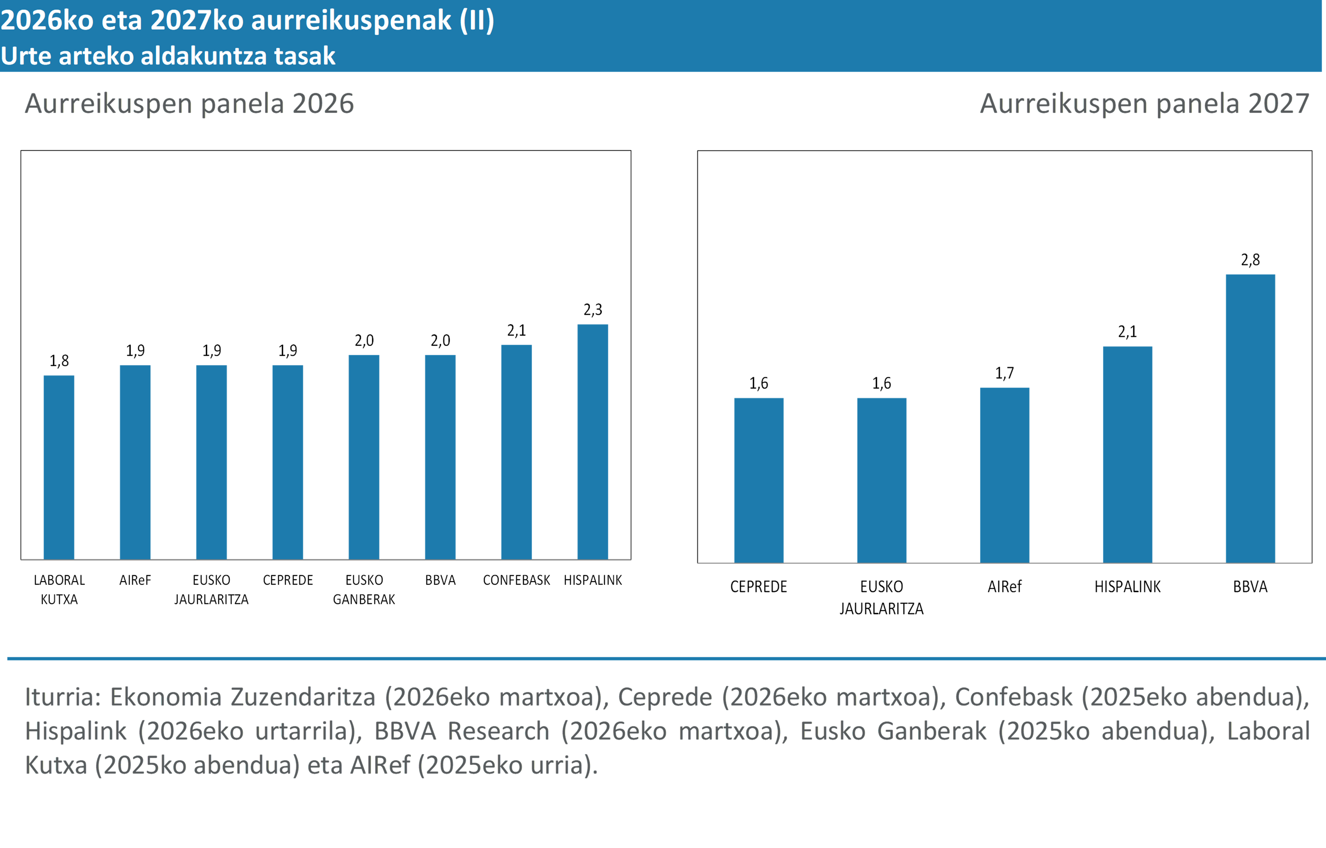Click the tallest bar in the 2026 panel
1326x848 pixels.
coord(593,441)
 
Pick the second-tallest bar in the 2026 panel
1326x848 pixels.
coord(516,451)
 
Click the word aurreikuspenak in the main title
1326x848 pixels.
coord(351,20)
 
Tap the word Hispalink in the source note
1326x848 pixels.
coord(76,731)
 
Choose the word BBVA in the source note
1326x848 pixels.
coord(405,731)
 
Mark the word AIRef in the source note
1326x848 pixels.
coord(380,765)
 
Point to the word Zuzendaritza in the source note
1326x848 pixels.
coord(302,697)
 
